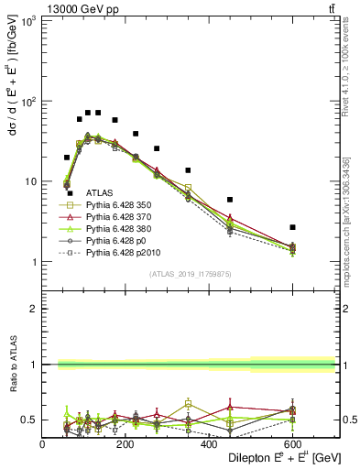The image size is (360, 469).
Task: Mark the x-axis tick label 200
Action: pyautogui.click(x=126, y=444)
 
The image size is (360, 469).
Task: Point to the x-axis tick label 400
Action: pyautogui.click(x=210, y=444)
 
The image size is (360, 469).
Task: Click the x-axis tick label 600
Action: pyautogui.click(x=293, y=444)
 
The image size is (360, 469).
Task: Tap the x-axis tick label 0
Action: pyautogui.click(x=43, y=444)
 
